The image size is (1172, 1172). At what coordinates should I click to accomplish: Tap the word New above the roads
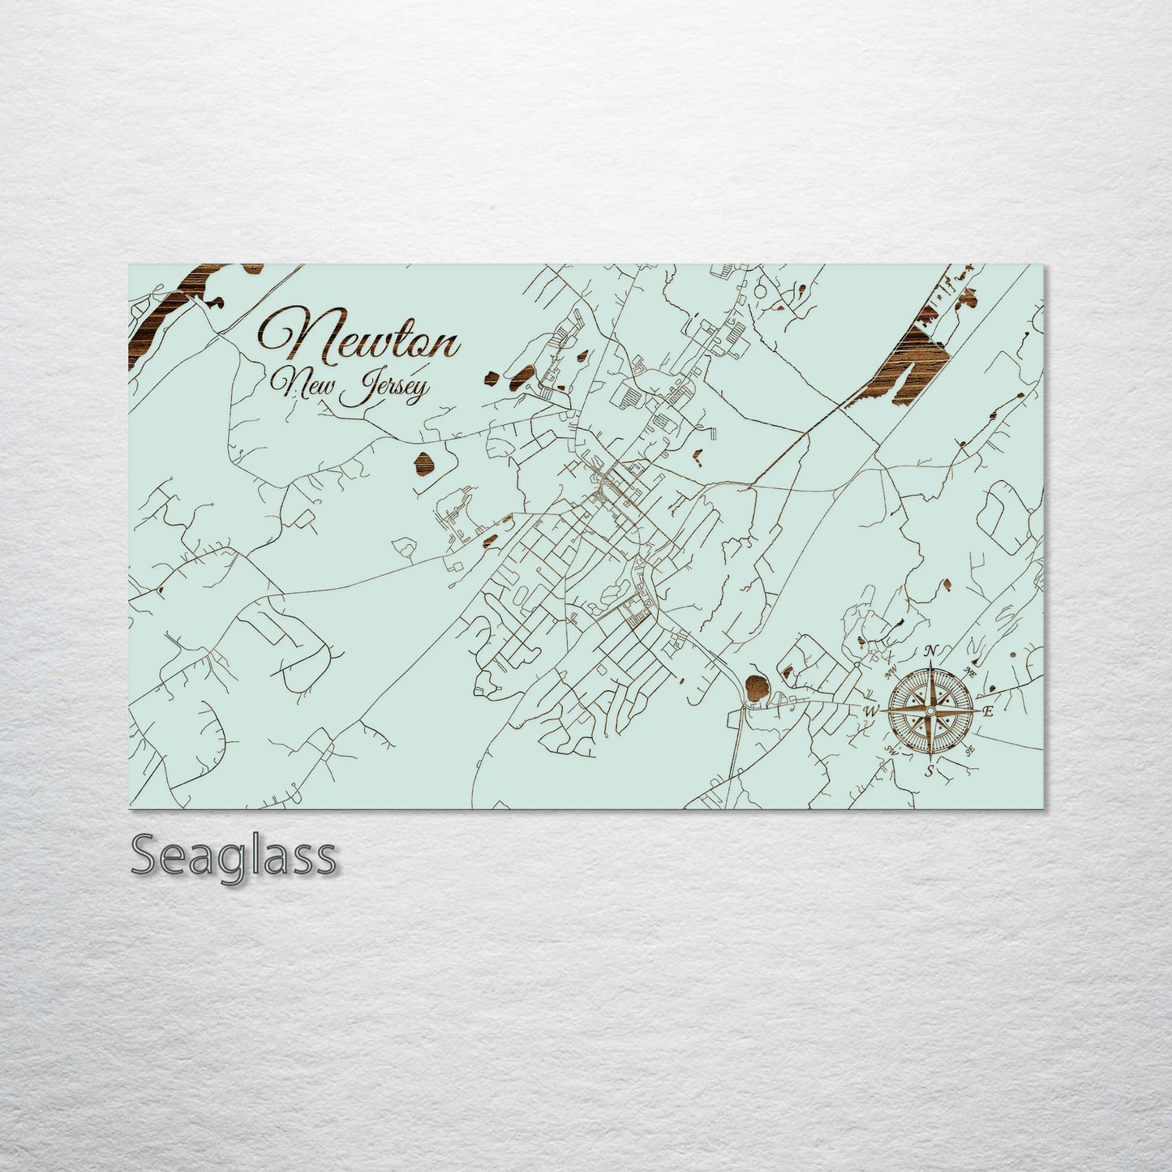pyautogui.click(x=297, y=386)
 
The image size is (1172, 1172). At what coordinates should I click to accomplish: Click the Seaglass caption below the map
pyautogui.click(x=233, y=856)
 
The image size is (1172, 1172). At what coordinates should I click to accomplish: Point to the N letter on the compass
pyautogui.click(x=932, y=650)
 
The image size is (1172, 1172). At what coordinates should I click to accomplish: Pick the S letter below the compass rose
pyautogui.click(x=930, y=771)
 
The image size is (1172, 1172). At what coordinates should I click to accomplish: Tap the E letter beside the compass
pyautogui.click(x=988, y=711)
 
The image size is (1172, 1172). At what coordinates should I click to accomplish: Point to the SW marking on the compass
pyautogui.click(x=893, y=749)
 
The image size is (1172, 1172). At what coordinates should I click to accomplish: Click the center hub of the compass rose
pyautogui.click(x=930, y=710)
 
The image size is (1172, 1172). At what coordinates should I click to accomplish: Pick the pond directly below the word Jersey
pyautogui.click(x=424, y=464)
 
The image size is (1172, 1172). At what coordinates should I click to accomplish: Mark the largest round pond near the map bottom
pyautogui.click(x=754, y=686)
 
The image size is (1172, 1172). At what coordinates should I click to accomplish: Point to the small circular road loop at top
pyautogui.click(x=761, y=290)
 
